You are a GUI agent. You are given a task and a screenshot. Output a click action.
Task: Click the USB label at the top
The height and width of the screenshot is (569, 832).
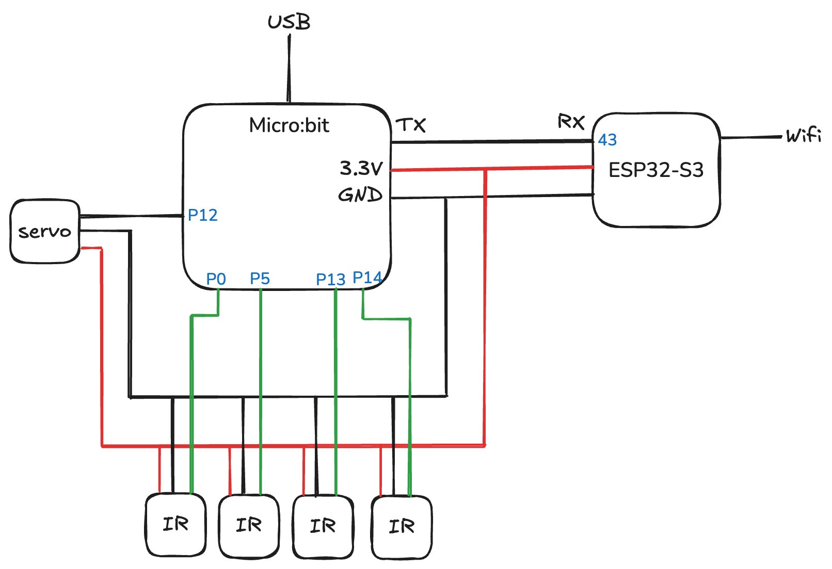[x=289, y=22]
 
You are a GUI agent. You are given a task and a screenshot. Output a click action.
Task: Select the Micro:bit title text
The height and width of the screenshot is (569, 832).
[x=289, y=125]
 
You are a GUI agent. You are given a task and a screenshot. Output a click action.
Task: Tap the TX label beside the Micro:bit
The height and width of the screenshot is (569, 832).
[x=411, y=125]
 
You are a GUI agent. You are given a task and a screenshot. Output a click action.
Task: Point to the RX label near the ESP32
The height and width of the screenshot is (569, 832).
[x=571, y=122]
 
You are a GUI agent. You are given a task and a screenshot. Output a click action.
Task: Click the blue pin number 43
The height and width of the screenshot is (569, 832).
[x=607, y=140]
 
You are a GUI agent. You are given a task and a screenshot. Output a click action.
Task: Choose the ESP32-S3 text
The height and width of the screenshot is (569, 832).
[x=656, y=170]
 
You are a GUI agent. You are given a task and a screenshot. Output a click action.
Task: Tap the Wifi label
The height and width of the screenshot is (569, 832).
[x=803, y=135]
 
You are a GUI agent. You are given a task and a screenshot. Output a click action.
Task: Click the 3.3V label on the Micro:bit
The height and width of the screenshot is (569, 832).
[x=361, y=168]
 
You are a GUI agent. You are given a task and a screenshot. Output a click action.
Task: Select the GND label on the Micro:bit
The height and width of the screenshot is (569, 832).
[x=360, y=195]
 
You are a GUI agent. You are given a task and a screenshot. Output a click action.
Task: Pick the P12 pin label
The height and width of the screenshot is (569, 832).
[x=202, y=215]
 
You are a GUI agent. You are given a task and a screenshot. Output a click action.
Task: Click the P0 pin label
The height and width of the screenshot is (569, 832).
[x=216, y=279]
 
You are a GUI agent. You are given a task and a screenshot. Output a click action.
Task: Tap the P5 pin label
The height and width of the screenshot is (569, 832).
[x=260, y=279]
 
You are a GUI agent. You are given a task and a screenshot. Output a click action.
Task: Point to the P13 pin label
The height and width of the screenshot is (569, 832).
[x=330, y=280]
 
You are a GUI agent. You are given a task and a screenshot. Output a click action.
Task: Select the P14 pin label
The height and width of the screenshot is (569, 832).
[x=366, y=278]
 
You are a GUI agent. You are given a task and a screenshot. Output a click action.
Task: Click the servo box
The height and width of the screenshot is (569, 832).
[x=45, y=232]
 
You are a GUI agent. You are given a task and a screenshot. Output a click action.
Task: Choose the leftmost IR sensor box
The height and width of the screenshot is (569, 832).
[x=175, y=525]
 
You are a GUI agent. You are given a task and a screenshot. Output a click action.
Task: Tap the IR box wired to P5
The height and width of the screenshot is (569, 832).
[x=249, y=526]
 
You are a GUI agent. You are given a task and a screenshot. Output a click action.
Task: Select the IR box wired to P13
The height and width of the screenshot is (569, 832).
[x=323, y=527]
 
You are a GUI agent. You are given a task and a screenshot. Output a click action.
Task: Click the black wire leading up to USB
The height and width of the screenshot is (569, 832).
[x=289, y=67]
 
